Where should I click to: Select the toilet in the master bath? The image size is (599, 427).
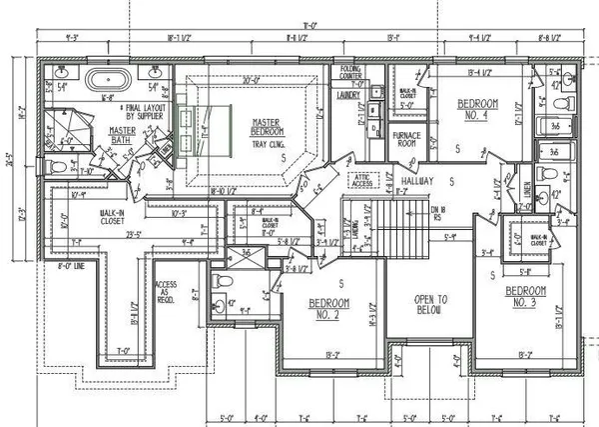[56, 167]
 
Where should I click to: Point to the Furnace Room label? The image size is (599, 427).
[409, 138]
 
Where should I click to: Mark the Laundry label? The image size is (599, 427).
[347, 96]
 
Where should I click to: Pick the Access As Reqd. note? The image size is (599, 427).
[166, 290]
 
